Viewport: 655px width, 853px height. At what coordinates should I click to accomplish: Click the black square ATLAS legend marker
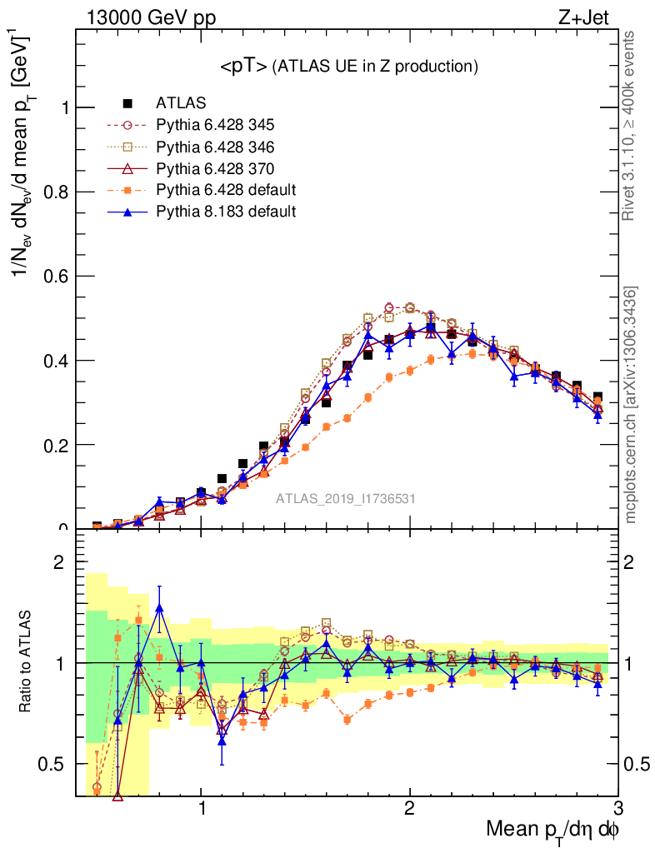click(x=127, y=103)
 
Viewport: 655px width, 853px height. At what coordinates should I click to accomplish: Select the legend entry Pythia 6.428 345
click(x=215, y=125)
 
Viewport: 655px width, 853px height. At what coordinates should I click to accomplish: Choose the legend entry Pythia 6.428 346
click(x=215, y=147)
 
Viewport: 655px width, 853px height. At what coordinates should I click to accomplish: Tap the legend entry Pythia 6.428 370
click(x=215, y=168)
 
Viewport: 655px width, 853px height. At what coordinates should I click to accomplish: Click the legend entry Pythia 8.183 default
click(x=226, y=212)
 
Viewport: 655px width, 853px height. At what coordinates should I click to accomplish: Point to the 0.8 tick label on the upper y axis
click(x=55, y=192)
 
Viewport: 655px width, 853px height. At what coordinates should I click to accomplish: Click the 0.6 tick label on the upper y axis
click(x=55, y=277)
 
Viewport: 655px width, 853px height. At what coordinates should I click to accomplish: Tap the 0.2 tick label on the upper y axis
click(x=55, y=445)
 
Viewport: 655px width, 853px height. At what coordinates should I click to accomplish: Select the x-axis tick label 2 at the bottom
click(x=409, y=809)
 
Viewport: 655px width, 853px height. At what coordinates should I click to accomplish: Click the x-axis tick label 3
click(x=617, y=809)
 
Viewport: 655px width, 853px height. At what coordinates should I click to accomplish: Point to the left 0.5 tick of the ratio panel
click(x=56, y=764)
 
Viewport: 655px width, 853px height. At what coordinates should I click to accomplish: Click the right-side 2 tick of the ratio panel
click(x=630, y=562)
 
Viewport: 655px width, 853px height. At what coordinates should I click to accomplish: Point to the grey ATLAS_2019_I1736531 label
click(x=346, y=499)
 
